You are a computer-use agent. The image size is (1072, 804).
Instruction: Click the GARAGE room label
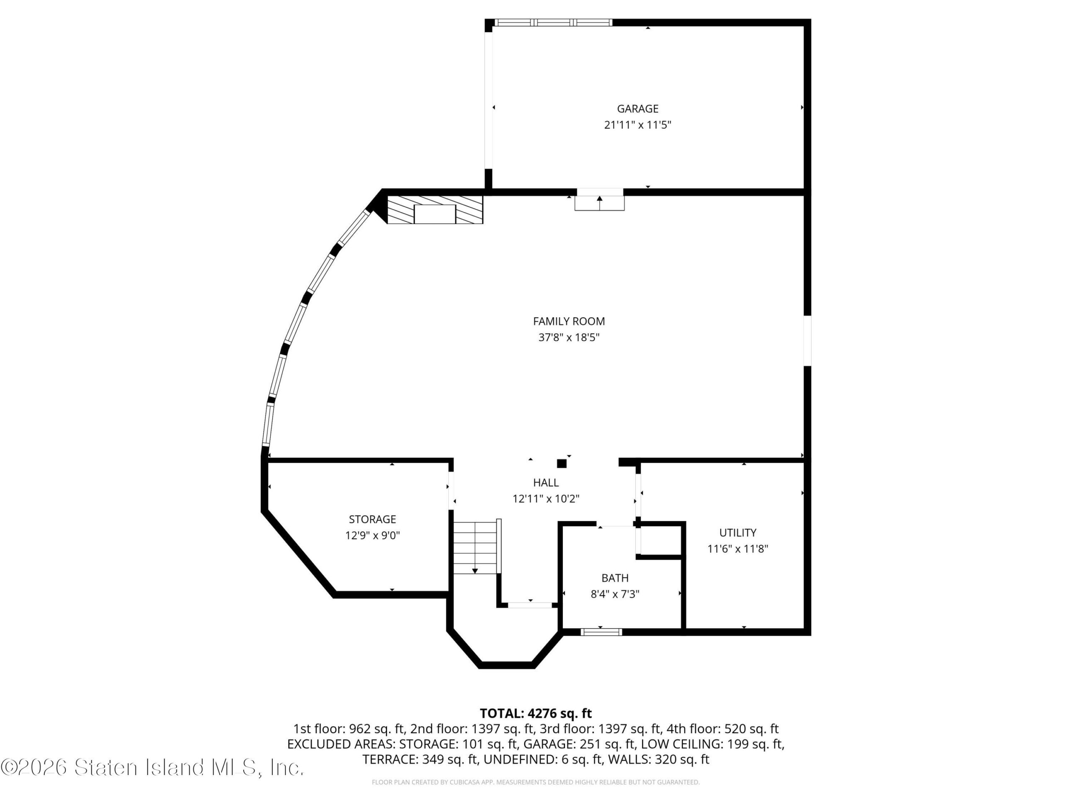click(x=637, y=108)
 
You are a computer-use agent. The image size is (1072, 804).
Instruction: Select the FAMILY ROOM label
click(x=569, y=321)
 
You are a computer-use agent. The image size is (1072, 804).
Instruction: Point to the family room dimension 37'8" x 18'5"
click(x=569, y=337)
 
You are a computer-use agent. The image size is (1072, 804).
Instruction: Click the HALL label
click(x=546, y=482)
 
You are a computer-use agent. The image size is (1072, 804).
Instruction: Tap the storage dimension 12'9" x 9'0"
click(x=372, y=536)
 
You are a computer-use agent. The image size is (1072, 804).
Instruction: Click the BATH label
click(x=615, y=578)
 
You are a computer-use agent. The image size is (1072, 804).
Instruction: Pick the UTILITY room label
click(x=737, y=533)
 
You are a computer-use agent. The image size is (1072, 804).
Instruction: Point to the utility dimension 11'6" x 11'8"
click(x=737, y=549)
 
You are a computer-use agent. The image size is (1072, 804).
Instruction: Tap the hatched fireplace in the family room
click(x=435, y=209)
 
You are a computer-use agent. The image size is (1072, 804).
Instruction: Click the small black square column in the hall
click(x=562, y=463)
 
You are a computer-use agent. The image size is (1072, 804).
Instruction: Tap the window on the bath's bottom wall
click(x=601, y=631)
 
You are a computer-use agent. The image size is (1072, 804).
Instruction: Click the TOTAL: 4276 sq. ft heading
click(x=536, y=714)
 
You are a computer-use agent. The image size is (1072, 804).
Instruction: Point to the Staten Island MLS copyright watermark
click(x=153, y=767)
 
